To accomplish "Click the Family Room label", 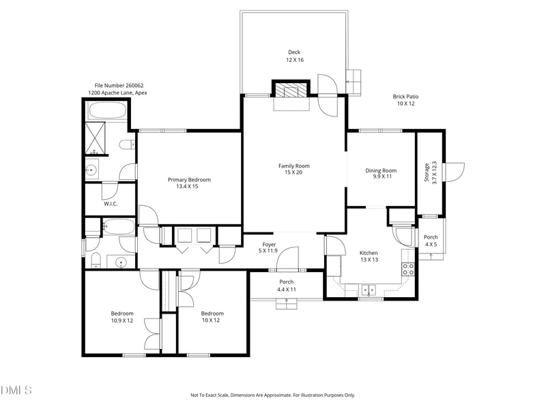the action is tap(294, 166).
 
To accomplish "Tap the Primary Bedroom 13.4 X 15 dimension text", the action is tap(187, 186).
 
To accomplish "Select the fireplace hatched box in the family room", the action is tap(291, 89).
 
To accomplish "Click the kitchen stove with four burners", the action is tap(408, 269).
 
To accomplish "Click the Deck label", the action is tap(294, 52).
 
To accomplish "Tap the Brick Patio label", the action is tap(405, 97).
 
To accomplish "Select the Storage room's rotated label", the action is tap(427, 172).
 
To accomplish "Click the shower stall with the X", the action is tap(95, 138).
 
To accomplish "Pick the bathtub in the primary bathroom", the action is tap(106, 111).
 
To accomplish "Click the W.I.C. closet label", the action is tap(111, 204).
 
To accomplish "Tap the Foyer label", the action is tap(269, 245).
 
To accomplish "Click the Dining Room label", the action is tap(381, 170).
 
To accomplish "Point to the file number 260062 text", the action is tap(119, 86).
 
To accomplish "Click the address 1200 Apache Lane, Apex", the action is tap(117, 93).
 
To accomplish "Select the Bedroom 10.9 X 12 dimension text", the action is tap(122, 320).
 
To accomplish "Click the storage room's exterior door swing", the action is tap(454, 172).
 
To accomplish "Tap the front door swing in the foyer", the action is tap(287, 259).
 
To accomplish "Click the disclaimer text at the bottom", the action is tap(272, 395).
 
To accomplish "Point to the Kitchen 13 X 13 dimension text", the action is tap(369, 260).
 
